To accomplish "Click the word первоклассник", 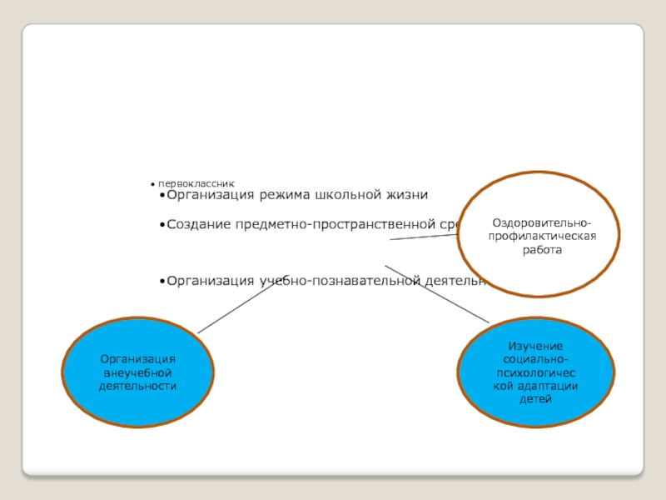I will [198, 182].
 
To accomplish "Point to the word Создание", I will [199, 224].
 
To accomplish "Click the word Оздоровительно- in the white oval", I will [542, 224].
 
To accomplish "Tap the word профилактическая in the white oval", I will [542, 237].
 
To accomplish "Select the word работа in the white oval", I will [542, 249].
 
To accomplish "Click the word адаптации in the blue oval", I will [550, 387].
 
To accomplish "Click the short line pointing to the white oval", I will [423, 237].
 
